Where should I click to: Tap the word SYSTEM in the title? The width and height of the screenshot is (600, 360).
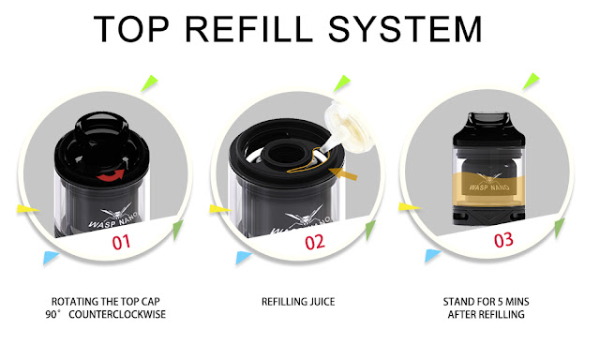pyautogui.click(x=405, y=29)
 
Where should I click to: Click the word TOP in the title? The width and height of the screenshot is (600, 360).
pyautogui.click(x=131, y=29)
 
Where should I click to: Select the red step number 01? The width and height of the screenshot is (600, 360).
pyautogui.click(x=121, y=242)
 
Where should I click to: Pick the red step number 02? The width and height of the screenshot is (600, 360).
pyautogui.click(x=315, y=242)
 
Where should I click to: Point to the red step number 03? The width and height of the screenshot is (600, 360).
pyautogui.click(x=503, y=240)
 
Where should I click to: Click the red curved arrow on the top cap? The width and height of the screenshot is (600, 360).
pyautogui.click(x=111, y=175)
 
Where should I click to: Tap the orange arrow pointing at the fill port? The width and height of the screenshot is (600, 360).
pyautogui.click(x=343, y=174)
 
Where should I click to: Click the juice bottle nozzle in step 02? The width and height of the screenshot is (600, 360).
pyautogui.click(x=322, y=148)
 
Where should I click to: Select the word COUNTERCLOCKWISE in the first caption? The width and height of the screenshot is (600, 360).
pyautogui.click(x=117, y=314)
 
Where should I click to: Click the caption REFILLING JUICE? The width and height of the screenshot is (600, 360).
pyautogui.click(x=298, y=302)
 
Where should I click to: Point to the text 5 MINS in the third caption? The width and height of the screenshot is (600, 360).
pyautogui.click(x=514, y=302)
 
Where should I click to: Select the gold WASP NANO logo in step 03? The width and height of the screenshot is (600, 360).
pyautogui.click(x=489, y=183)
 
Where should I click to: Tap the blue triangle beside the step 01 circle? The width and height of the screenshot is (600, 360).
pyautogui.click(x=50, y=257)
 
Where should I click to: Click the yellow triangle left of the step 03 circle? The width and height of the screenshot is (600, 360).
pyautogui.click(x=410, y=207)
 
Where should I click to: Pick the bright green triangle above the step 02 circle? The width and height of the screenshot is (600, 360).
pyautogui.click(x=341, y=83)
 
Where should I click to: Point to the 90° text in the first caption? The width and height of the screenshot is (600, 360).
pyautogui.click(x=52, y=314)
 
